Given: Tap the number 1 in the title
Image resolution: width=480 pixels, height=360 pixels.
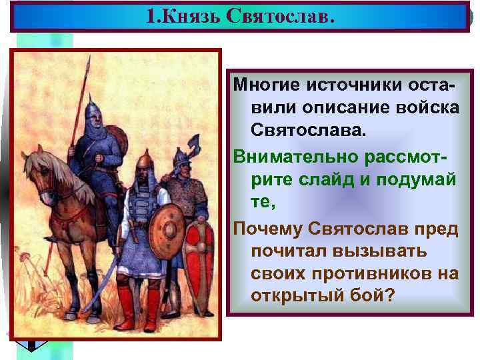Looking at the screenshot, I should tap(151, 16).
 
